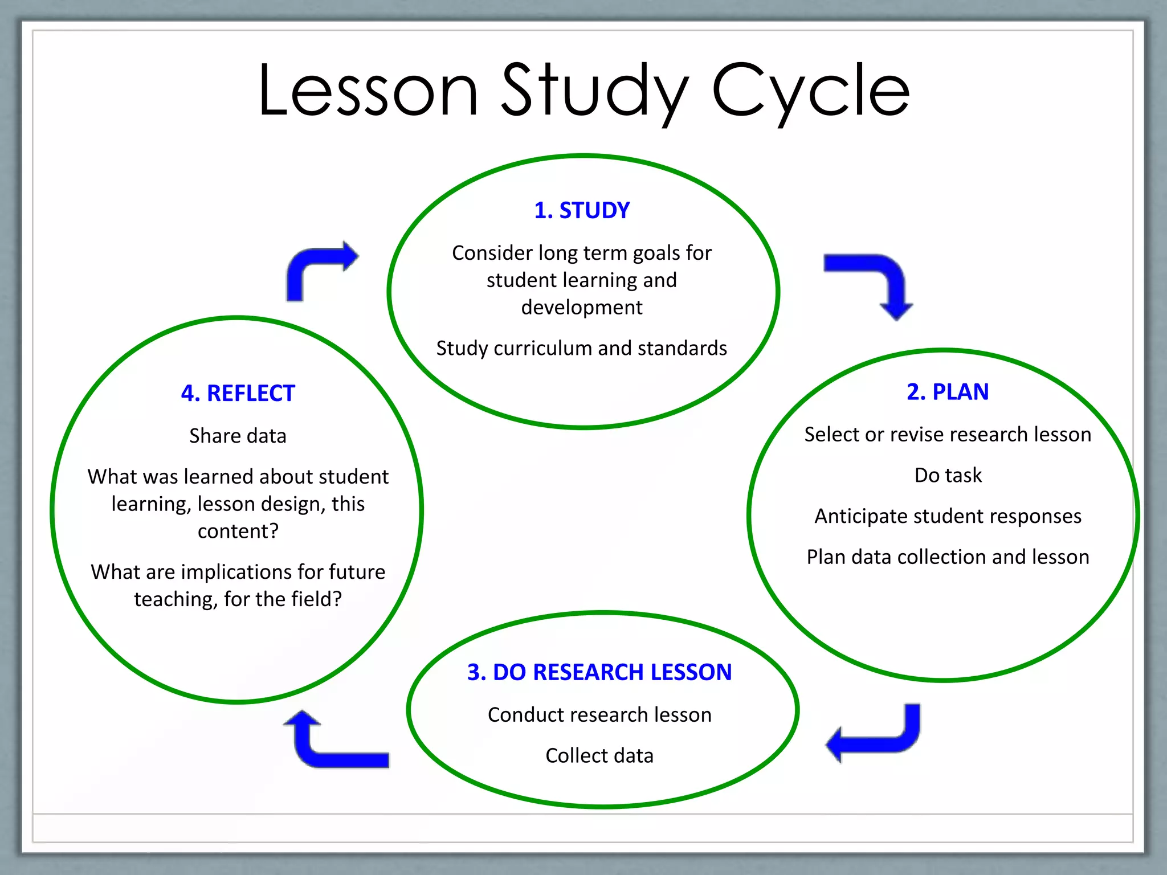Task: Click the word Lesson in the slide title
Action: pos(368,91)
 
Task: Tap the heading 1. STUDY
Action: pos(582,210)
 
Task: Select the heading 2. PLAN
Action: pos(948,392)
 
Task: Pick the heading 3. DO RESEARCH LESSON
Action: pos(599,672)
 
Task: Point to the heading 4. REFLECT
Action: pos(238,394)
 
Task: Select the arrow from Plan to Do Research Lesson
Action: pos(878,735)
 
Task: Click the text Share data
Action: pos(238,436)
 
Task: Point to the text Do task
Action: pos(948,475)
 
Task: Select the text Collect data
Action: pos(599,755)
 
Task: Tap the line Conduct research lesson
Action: pos(599,715)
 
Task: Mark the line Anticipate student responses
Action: pos(948,516)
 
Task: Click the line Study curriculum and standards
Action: pos(582,348)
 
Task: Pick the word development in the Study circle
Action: pos(582,308)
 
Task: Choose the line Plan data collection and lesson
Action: pos(948,557)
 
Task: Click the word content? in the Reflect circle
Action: pos(238,531)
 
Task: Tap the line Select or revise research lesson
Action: pos(948,435)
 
